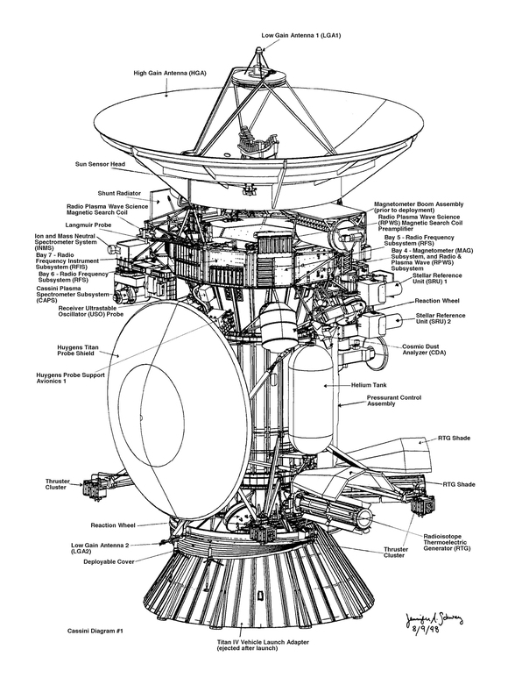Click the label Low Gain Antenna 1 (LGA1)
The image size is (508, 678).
pos(300,35)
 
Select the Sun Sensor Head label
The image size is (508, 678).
pos(100,164)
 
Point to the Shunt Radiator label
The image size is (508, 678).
pos(119,193)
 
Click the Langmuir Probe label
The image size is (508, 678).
pos(88,225)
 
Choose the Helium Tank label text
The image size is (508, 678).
pos(369,385)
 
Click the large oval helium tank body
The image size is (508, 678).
pos(310,397)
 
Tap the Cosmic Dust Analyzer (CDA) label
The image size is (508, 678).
pos(424,349)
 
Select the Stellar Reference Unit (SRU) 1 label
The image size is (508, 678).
pos(437,278)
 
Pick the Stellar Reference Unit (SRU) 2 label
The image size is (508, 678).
pos(441,318)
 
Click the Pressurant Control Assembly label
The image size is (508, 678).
pos(394,401)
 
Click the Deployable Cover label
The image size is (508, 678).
pos(109,561)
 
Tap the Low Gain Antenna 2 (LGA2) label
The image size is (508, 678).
pos(100,548)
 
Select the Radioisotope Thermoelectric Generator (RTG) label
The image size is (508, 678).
pos(447,542)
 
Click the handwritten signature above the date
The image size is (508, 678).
pos(434,619)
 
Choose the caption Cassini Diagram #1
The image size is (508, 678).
pos(95,631)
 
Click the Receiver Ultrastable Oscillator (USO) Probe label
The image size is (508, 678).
pos(91,311)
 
